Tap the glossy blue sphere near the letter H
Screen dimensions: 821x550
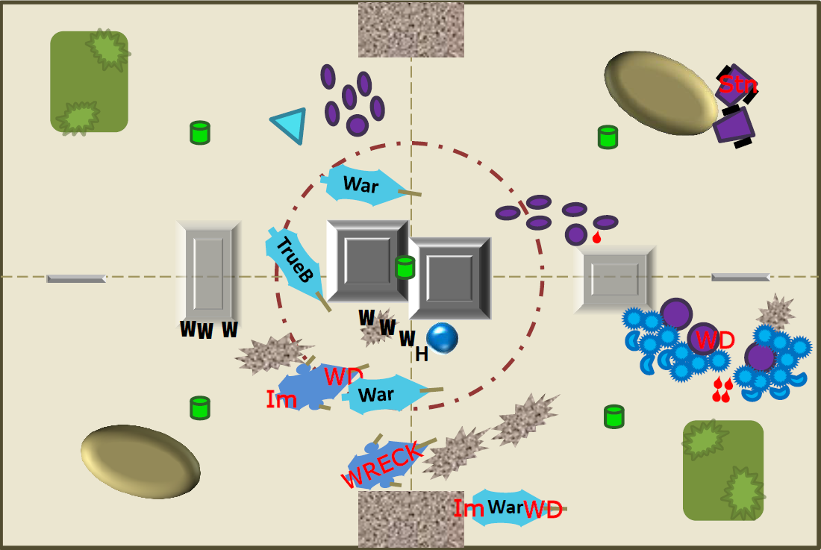(x=442, y=338)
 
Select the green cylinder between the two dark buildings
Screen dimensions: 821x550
(x=405, y=267)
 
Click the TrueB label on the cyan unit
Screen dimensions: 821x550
(x=295, y=260)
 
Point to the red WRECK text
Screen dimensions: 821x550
(x=381, y=463)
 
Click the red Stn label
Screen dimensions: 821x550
(x=737, y=84)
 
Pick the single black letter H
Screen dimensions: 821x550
(x=422, y=354)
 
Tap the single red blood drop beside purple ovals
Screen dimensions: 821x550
(x=596, y=237)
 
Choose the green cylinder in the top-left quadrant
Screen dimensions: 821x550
(x=200, y=132)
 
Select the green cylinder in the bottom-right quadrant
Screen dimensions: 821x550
(x=614, y=416)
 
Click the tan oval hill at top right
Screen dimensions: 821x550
(x=661, y=93)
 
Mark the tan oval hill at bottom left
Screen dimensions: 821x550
(x=140, y=461)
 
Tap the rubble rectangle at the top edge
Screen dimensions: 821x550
(x=411, y=29)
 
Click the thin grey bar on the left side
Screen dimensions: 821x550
(x=76, y=278)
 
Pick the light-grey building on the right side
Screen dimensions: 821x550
(x=615, y=279)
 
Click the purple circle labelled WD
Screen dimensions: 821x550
(x=703, y=339)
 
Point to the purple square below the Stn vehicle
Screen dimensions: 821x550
(x=734, y=127)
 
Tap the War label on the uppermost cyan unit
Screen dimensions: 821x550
(x=360, y=185)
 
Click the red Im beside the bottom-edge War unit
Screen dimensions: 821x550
(x=468, y=508)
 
